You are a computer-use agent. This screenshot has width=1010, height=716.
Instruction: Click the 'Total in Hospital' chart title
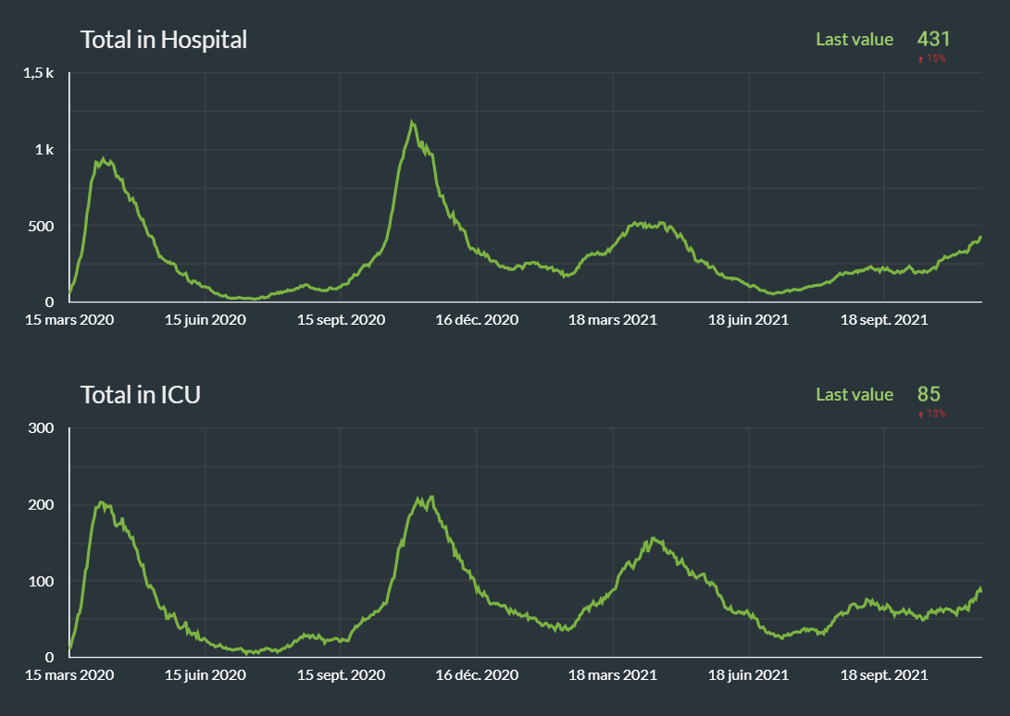(163, 40)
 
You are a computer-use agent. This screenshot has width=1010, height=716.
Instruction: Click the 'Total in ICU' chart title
(141, 395)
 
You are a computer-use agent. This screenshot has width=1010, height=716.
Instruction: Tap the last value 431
(933, 39)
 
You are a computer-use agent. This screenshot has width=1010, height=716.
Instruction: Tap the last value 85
(929, 394)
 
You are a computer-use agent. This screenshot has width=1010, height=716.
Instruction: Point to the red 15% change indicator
(931, 59)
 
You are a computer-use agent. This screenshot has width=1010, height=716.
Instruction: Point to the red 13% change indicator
(931, 414)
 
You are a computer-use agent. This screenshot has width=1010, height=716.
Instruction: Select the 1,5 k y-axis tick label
(40, 73)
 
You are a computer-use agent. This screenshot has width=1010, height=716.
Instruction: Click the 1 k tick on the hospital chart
(44, 150)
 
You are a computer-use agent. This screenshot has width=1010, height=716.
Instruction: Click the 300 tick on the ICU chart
(43, 428)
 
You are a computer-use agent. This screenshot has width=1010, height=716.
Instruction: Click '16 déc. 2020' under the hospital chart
(477, 320)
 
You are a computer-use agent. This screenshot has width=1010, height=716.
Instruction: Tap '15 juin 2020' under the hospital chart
(206, 320)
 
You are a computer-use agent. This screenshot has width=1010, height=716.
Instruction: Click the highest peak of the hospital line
(412, 122)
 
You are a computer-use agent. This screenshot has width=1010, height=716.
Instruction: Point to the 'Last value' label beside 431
(854, 39)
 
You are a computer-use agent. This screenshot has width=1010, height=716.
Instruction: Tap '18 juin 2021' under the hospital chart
(748, 320)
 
